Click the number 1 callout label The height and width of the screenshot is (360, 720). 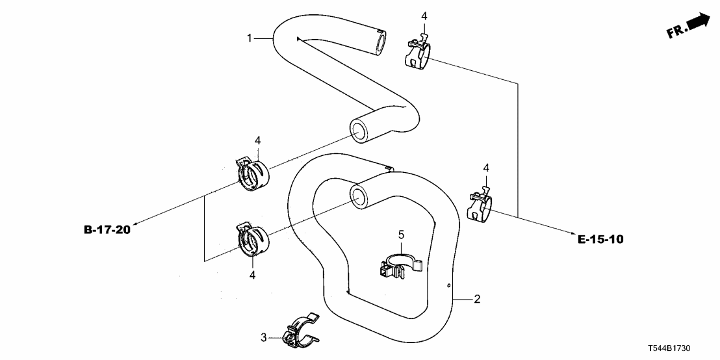(250, 39)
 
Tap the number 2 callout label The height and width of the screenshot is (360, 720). (477, 300)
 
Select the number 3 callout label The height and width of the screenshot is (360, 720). (264, 337)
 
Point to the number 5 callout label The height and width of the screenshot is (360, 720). (401, 233)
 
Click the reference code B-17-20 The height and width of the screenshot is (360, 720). (107, 230)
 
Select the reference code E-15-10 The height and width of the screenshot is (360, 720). (600, 239)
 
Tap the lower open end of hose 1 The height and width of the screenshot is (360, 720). (359, 130)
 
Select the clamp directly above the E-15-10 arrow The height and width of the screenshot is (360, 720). (481, 205)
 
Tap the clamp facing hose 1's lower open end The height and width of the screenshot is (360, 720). (252, 173)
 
